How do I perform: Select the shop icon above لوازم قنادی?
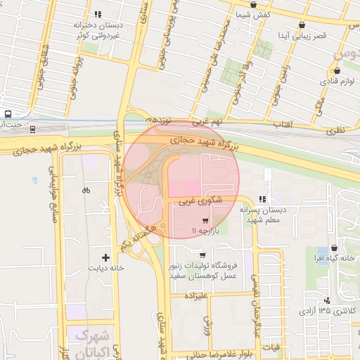tap(338, 70)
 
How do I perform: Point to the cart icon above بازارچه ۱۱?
tap(205, 220)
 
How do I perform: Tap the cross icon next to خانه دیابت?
tap(105, 257)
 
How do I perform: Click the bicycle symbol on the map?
tap(86, 190)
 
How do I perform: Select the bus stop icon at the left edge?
tap(8, 114)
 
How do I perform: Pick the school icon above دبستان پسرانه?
tap(264, 199)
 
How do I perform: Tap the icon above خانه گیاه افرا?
tap(333, 248)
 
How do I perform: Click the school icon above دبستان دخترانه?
tap(98, 13)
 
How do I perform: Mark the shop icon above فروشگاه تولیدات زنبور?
tap(202, 255)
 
